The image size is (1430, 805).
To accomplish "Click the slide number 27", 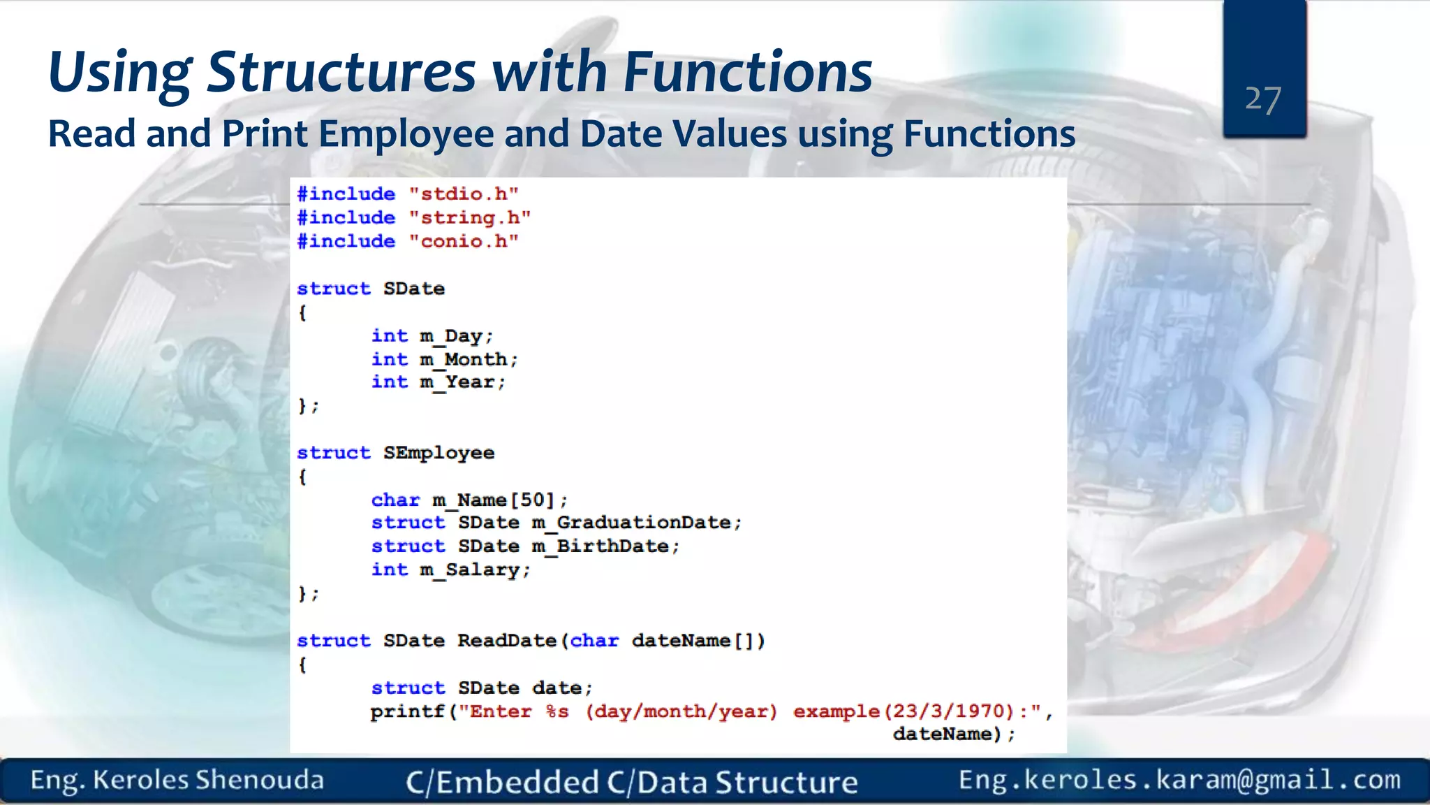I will (x=1262, y=100).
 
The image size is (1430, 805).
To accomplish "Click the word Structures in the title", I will (x=341, y=72).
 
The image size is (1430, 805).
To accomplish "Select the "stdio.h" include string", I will (x=464, y=194).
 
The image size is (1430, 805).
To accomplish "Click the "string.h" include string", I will (x=470, y=217).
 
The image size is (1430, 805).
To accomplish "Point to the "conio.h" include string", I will (x=464, y=241).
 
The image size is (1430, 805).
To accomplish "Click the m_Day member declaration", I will (x=455, y=336).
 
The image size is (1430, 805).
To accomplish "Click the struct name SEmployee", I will (x=438, y=453).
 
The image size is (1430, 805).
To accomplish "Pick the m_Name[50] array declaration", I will (x=499, y=500).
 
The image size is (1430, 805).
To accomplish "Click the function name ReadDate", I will (x=506, y=641).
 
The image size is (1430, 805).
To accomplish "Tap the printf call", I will (x=407, y=711).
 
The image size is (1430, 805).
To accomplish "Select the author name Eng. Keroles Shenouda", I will (x=177, y=781).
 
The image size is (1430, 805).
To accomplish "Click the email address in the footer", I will (x=1179, y=780).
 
